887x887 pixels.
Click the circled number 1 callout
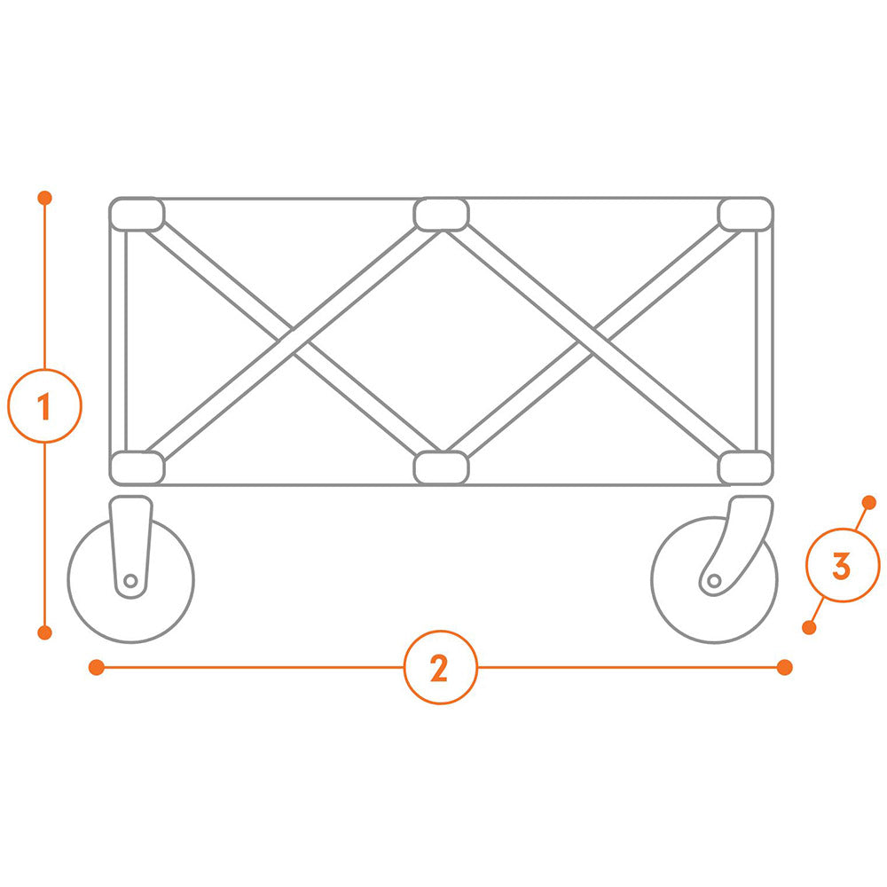click(44, 405)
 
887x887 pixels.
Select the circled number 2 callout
click(441, 668)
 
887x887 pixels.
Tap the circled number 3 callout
click(843, 565)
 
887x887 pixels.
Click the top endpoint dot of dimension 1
click(44, 198)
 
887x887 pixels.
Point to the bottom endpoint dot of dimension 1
click(44, 632)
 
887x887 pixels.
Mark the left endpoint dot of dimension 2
click(97, 668)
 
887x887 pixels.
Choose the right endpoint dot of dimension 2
click(785, 668)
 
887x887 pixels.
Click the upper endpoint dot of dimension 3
click(869, 502)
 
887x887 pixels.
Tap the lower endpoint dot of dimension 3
click(810, 627)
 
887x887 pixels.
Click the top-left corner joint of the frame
click(137, 215)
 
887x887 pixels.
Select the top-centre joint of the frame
click(441, 215)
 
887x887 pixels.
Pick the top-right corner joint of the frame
click(746, 215)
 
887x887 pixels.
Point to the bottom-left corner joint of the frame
click(137, 467)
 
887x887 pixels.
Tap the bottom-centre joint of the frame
click(441, 467)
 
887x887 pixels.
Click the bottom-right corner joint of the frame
click(746, 467)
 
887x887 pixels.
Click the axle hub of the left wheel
click(130, 580)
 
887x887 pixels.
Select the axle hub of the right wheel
click(714, 580)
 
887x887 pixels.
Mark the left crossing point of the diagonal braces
click(294, 341)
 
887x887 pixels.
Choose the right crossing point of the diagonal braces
click(593, 341)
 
